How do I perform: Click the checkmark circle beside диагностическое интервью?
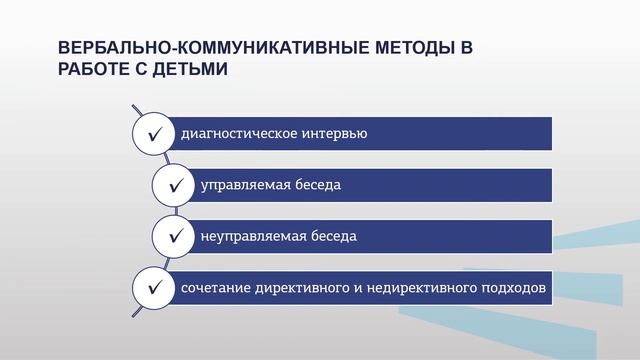154,133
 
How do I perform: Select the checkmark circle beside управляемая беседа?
174,185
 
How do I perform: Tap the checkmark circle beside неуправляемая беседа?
174,237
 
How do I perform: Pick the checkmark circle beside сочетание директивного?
154,289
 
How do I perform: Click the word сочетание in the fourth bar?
213,289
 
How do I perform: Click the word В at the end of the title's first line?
465,49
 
